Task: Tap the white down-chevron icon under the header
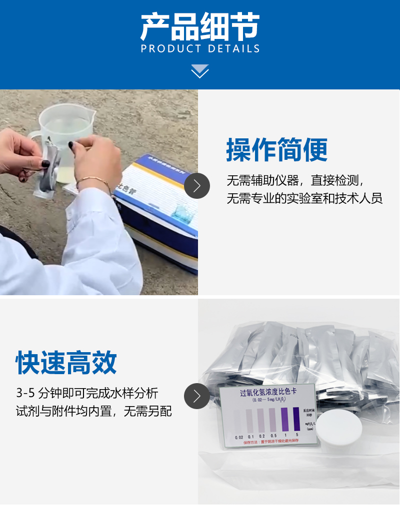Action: coord(200,71)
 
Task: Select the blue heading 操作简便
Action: coord(277,149)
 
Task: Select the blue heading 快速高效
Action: coord(66,362)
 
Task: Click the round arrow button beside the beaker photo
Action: coord(197,185)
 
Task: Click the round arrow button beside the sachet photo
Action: coord(197,396)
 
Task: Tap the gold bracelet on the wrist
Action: coord(95,181)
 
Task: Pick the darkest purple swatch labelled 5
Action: coord(296,419)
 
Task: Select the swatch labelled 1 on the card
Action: coord(285,420)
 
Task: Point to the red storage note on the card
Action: coord(270,442)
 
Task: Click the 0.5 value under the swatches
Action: coord(273,436)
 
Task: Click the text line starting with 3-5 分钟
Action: coord(87,393)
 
